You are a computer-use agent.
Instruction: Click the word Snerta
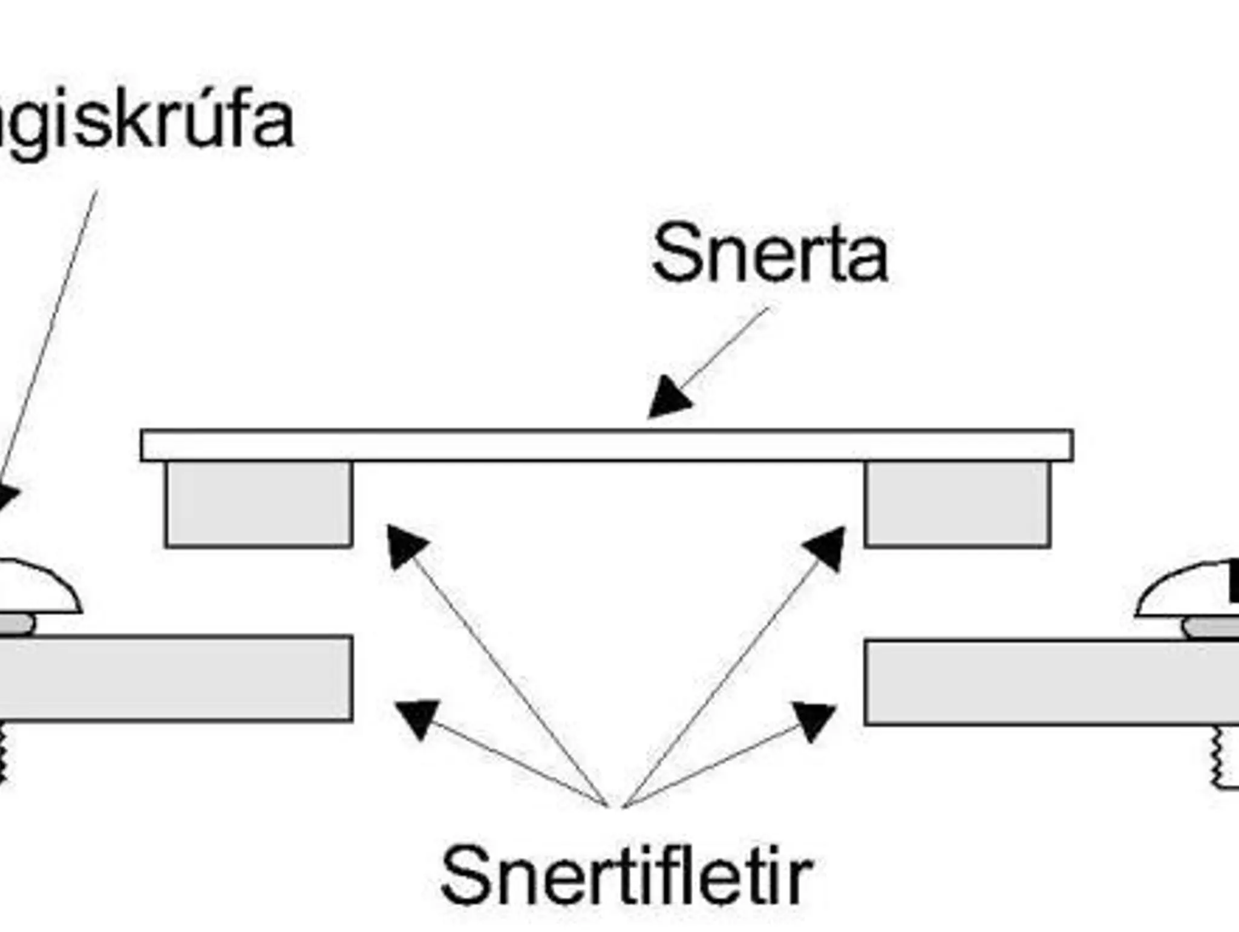point(769,253)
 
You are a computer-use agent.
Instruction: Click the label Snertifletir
point(626,875)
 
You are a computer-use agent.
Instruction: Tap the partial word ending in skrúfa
point(145,122)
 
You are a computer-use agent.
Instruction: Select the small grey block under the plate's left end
point(259,505)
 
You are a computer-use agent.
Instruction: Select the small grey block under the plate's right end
point(958,505)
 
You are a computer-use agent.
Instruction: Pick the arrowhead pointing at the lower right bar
point(814,719)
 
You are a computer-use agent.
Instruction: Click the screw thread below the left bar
point(3,753)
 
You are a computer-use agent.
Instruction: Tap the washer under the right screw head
point(1210,628)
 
